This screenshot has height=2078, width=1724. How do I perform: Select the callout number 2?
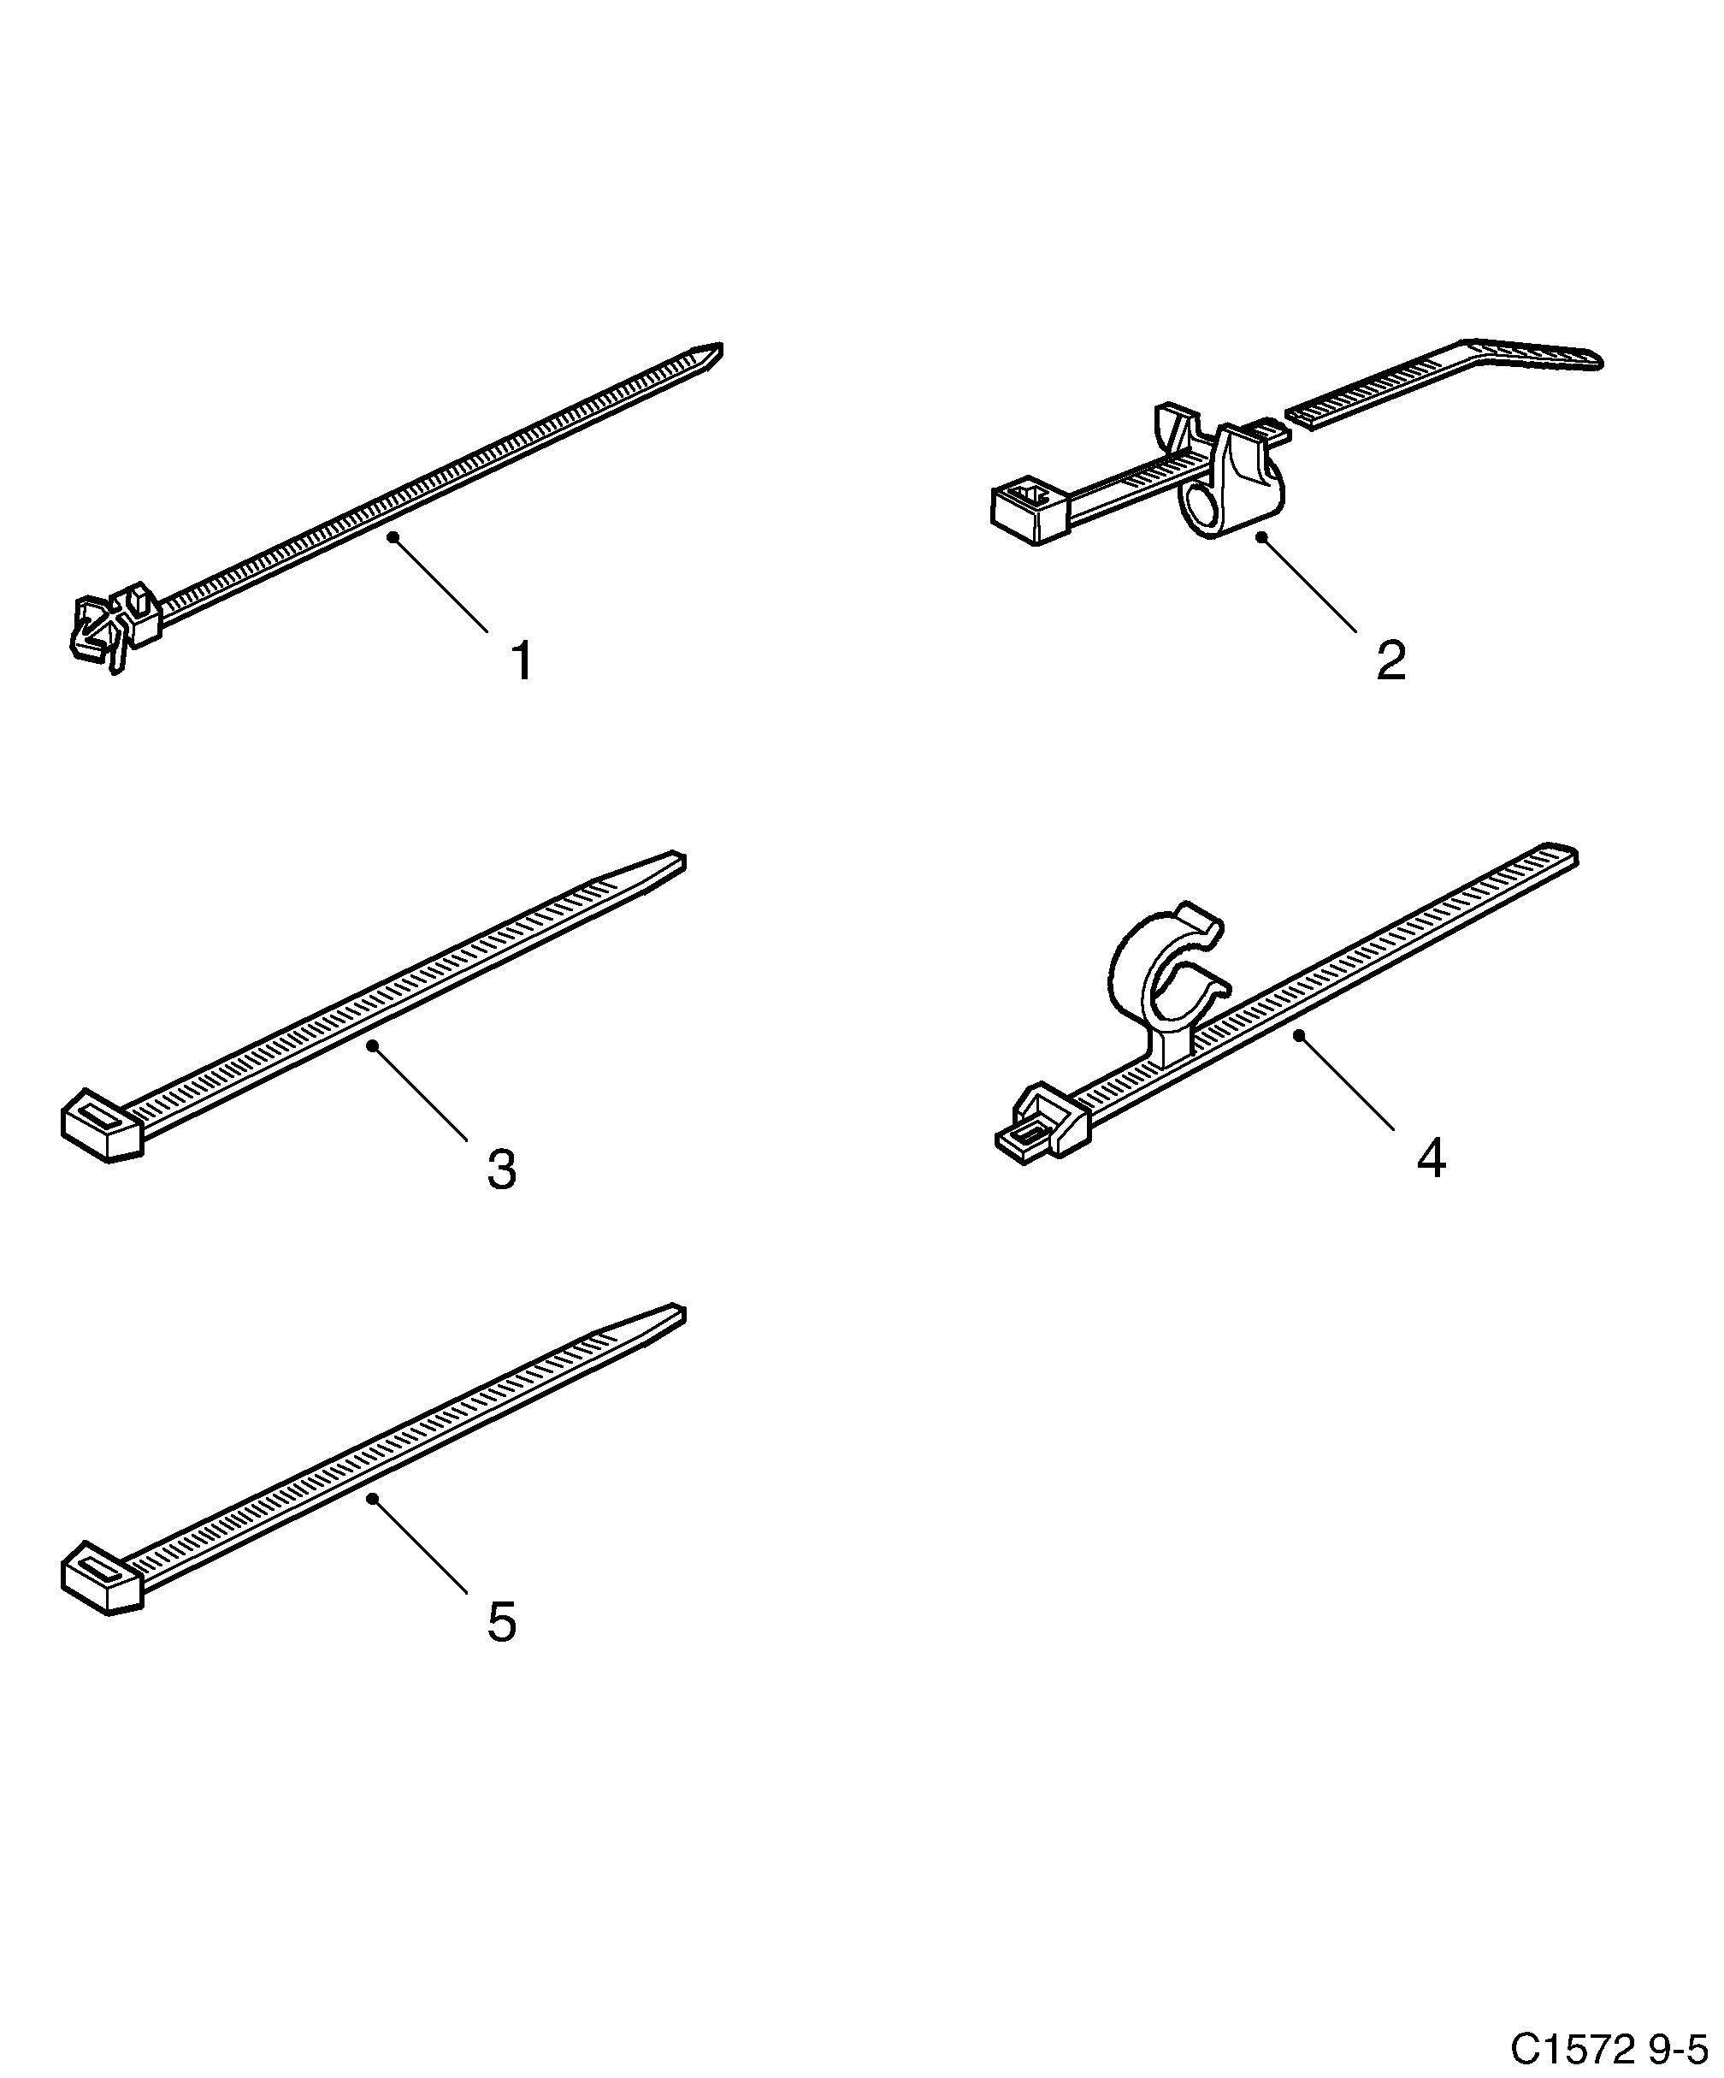[1390, 661]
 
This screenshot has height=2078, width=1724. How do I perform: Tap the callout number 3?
[501, 1169]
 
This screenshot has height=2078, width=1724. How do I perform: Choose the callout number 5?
[501, 1623]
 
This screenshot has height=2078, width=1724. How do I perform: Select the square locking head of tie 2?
[1029, 512]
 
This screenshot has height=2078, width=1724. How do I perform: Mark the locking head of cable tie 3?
[102, 1126]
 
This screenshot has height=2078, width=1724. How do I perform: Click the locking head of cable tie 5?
[102, 1578]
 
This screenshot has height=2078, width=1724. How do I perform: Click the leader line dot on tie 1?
[393, 536]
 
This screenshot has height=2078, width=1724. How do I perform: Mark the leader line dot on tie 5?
[372, 1498]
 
